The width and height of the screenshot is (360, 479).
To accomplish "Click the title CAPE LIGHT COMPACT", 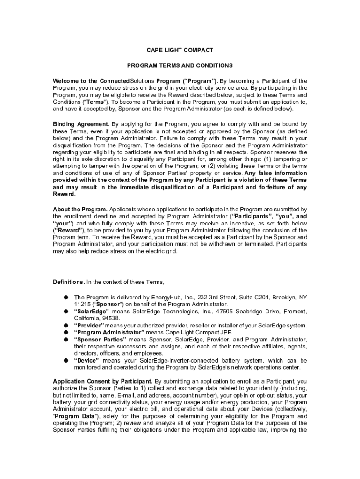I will pyautogui.click(x=180, y=50).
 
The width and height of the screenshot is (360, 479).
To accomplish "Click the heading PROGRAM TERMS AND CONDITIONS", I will pyautogui.click(x=180, y=65).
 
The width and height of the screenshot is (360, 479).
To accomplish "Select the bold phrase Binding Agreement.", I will pyautogui.click(x=81, y=124).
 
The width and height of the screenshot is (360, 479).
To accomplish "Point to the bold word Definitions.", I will pyautogui.click(x=69, y=282).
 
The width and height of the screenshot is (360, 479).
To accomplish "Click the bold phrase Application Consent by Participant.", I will pyautogui.click(x=103, y=381).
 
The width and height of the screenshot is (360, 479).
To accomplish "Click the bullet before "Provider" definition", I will pyautogui.click(x=67, y=325).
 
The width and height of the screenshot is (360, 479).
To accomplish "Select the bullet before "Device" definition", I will pyautogui.click(x=67, y=361).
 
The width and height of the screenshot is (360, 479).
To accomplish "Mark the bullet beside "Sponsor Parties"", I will pyautogui.click(x=67, y=339).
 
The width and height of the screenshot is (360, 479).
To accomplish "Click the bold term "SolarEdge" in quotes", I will pyautogui.click(x=92, y=311).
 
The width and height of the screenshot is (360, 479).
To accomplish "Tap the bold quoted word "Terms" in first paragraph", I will pyautogui.click(x=96, y=102).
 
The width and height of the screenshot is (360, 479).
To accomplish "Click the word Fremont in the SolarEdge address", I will pyautogui.click(x=294, y=311).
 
